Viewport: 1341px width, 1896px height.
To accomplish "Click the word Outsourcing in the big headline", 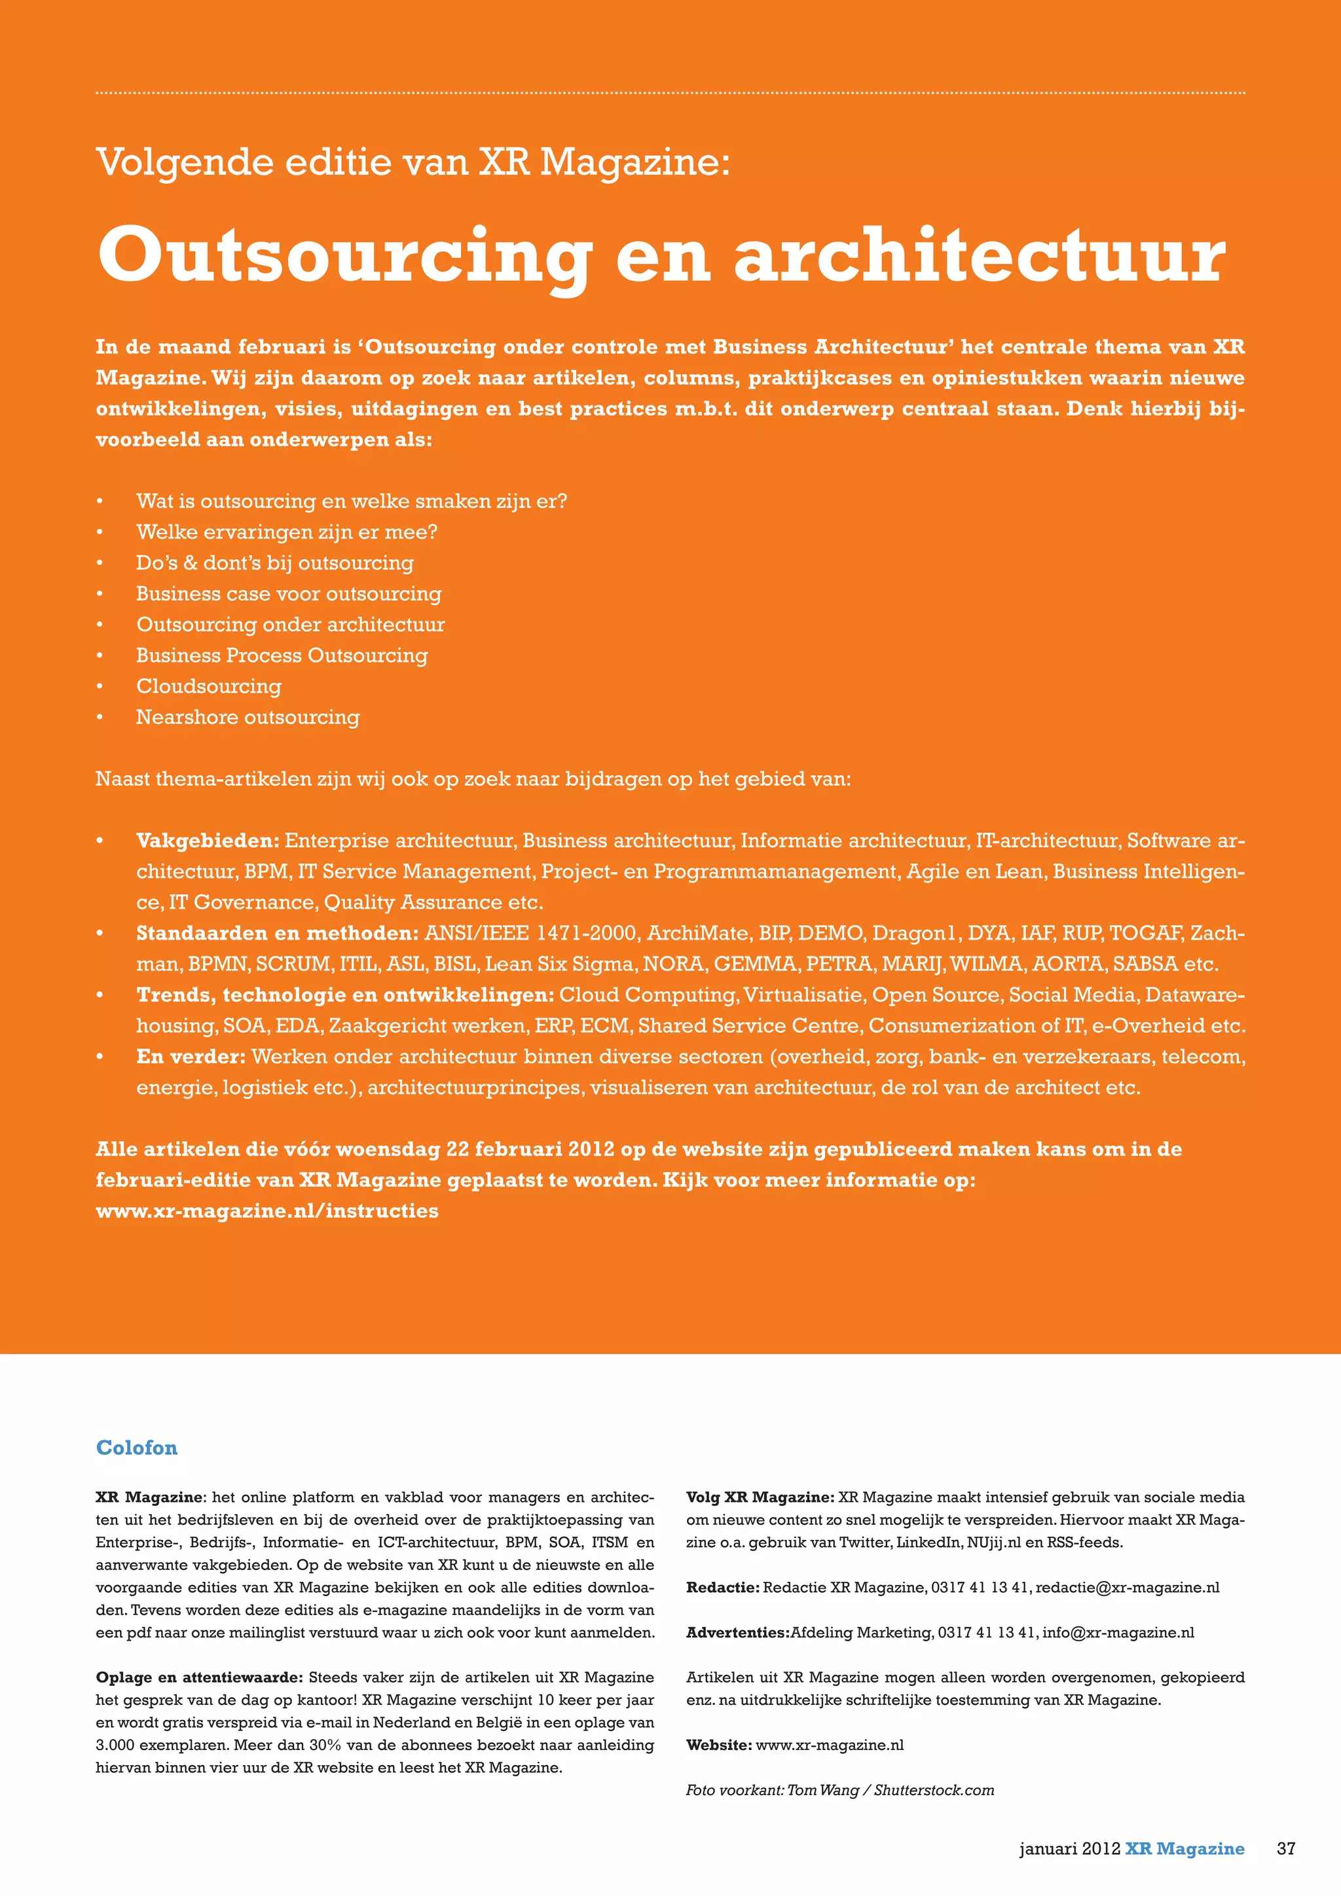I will [344, 255].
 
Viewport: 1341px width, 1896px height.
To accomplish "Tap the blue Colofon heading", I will [136, 1448].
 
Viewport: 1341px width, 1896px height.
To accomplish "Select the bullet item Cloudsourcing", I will [208, 686].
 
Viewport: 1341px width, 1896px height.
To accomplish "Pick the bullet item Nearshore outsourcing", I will [248, 717].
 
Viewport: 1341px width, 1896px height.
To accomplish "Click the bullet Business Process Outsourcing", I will [282, 655].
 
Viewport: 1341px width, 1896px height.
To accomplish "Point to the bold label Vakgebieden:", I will [208, 841].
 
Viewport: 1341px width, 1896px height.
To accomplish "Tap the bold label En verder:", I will [191, 1057].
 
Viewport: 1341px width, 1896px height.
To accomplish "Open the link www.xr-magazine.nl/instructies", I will [266, 1211].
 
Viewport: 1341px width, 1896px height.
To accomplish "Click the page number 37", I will [1286, 1849].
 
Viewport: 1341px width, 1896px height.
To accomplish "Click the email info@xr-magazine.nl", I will [1118, 1633].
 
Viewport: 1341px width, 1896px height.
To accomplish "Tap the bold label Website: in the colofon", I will [718, 1745].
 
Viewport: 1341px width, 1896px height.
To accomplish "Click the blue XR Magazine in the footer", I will [1184, 1849].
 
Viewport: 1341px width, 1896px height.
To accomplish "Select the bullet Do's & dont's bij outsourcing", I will [274, 563].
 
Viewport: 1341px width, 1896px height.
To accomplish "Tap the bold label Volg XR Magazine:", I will [760, 1497].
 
